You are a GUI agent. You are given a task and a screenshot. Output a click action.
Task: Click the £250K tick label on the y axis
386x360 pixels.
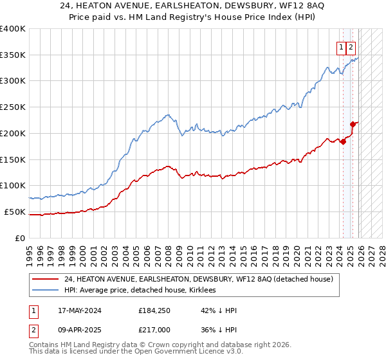pos(12,107)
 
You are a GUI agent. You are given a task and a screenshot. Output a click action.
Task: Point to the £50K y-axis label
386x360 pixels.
pos(15,212)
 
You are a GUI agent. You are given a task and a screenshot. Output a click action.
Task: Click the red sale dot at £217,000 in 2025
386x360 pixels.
pos(353,124)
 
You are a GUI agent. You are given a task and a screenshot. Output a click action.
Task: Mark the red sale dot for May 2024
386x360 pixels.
pos(343,141)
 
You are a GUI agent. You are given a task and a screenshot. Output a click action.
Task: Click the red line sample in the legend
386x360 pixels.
pos(45,280)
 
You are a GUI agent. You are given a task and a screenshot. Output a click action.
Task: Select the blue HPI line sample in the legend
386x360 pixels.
pos(45,291)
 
